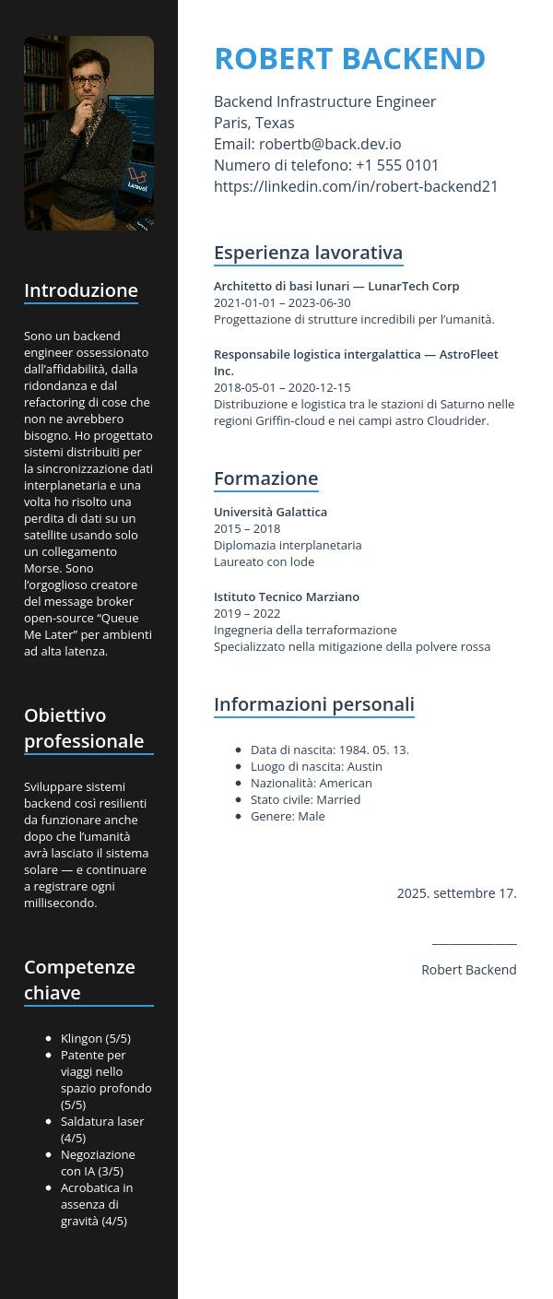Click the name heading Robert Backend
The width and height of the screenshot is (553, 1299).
click(349, 58)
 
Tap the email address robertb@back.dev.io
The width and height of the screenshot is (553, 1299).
click(330, 144)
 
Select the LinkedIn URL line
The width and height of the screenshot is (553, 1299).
click(356, 186)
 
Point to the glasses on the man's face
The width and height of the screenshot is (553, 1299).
click(88, 81)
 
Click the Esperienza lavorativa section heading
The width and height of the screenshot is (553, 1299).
click(308, 253)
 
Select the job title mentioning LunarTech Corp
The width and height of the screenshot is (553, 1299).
click(336, 286)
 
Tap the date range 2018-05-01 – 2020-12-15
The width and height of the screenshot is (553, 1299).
click(282, 387)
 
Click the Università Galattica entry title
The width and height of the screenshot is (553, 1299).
click(270, 512)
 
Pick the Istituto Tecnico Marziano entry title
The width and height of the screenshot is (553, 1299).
click(287, 596)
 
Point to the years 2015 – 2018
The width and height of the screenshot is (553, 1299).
click(247, 528)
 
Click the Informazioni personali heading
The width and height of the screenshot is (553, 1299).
click(313, 704)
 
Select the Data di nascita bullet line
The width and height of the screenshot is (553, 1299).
click(329, 750)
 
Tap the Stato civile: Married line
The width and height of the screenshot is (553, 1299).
click(305, 799)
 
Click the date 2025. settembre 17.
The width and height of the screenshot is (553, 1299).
click(456, 892)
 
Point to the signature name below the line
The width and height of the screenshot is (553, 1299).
click(468, 969)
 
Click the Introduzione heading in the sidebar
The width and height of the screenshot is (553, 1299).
click(81, 290)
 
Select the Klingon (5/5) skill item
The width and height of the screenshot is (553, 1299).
click(95, 1038)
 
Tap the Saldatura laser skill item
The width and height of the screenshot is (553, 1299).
click(101, 1129)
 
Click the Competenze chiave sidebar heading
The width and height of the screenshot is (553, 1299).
click(79, 979)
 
